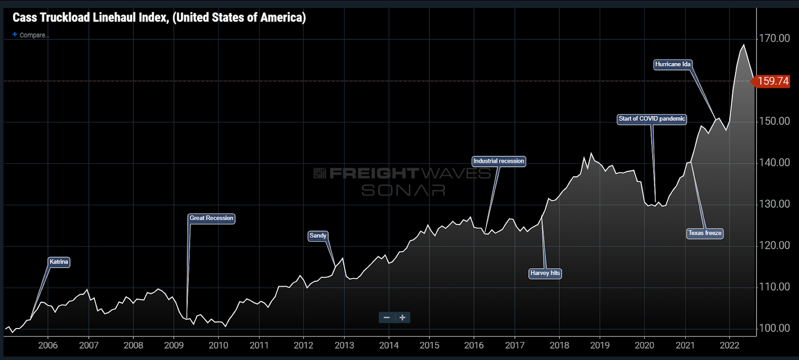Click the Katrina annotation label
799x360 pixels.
(x=59, y=262)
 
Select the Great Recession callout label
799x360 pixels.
(x=211, y=218)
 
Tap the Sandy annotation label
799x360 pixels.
(x=318, y=236)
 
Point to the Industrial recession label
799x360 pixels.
(x=498, y=161)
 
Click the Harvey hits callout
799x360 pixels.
(x=545, y=273)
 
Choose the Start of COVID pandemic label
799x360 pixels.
(x=652, y=119)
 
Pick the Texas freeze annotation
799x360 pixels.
(x=705, y=233)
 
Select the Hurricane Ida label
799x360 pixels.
(x=673, y=64)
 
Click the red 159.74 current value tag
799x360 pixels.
(x=773, y=81)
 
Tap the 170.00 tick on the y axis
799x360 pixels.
(x=774, y=38)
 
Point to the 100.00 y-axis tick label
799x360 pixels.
(x=774, y=328)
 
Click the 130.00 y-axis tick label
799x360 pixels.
(x=774, y=204)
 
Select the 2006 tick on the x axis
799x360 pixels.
(x=48, y=345)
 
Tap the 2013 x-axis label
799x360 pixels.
(x=344, y=345)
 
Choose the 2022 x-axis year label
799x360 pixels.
(x=730, y=345)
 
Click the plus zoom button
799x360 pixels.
(x=402, y=318)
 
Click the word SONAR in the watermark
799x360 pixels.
(x=403, y=190)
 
